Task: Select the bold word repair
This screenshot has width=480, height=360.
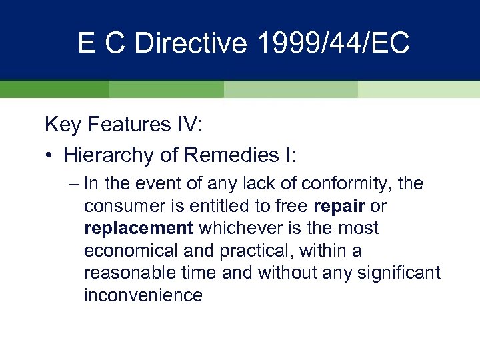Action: click(337, 206)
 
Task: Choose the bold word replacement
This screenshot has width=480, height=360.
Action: click(139, 228)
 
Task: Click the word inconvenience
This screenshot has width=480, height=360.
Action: click(143, 295)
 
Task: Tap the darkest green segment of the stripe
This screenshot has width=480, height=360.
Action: click(54, 89)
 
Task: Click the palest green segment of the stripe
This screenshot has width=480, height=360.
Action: click(419, 89)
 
